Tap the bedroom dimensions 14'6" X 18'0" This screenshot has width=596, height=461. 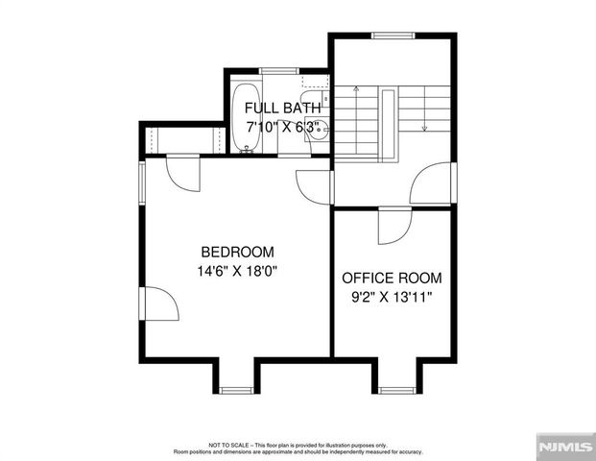pyautogui.click(x=237, y=271)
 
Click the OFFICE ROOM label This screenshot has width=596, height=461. pyautogui.click(x=393, y=278)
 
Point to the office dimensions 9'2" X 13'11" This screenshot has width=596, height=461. pyautogui.click(x=393, y=298)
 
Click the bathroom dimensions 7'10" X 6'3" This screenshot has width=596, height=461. pyautogui.click(x=282, y=126)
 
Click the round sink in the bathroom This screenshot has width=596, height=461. pyautogui.click(x=316, y=131)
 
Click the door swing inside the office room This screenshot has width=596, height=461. pyautogui.click(x=393, y=227)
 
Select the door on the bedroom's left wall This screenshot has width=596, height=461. pyautogui.click(x=160, y=304)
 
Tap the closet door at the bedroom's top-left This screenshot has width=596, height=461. pyautogui.click(x=182, y=173)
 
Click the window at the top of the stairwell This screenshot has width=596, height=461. pyautogui.click(x=392, y=36)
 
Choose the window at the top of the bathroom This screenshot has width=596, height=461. pyautogui.click(x=278, y=70)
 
